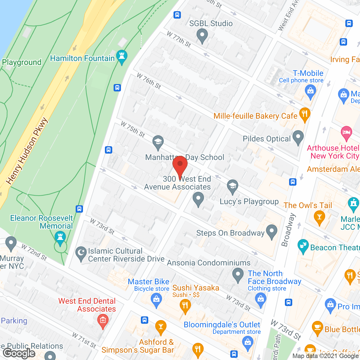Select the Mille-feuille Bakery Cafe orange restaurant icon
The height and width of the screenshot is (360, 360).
[x=305, y=114]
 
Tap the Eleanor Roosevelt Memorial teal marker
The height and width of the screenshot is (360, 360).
[x=60, y=237]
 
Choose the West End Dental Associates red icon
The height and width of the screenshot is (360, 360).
[x=103, y=321]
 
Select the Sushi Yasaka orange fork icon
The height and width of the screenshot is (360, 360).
[x=185, y=305]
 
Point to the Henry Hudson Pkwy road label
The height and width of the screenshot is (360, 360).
[x=27, y=151]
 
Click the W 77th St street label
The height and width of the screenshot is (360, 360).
[x=179, y=39]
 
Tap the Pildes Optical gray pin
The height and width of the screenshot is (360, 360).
[x=298, y=137]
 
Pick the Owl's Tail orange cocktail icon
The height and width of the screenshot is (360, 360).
[x=319, y=217]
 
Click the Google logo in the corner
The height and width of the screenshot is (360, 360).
[x=19, y=353]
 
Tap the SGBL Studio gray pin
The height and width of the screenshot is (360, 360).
[x=202, y=36]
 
